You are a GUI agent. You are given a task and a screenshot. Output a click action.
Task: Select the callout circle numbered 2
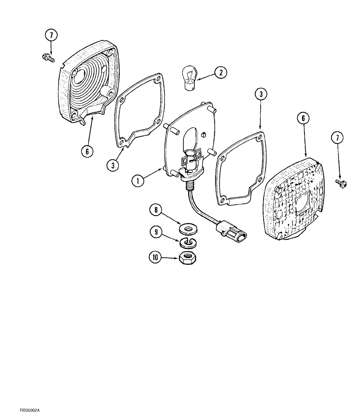[x=220, y=73]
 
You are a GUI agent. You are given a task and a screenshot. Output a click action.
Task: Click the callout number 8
[x=156, y=210]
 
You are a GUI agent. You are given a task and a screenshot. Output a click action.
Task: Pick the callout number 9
[x=156, y=232]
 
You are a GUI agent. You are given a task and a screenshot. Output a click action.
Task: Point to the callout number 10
[x=156, y=257]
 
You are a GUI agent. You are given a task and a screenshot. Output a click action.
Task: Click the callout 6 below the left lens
[x=87, y=151]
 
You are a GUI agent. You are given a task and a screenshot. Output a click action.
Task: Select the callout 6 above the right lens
[x=302, y=118]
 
